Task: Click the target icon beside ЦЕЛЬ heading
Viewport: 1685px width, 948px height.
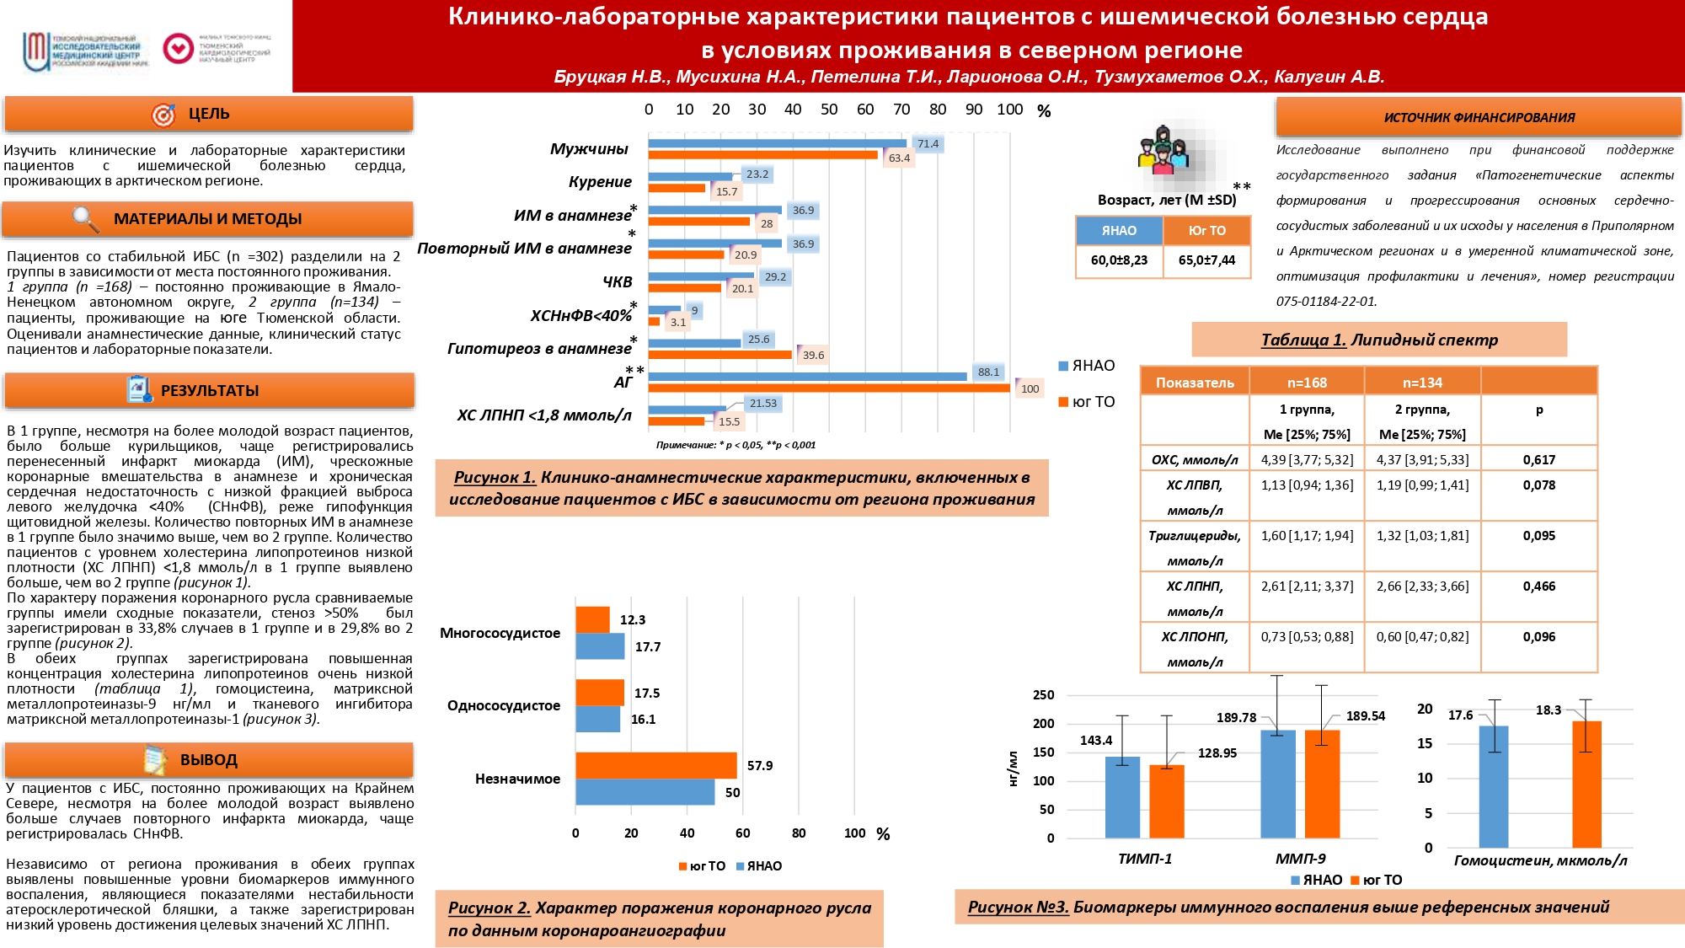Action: [163, 115]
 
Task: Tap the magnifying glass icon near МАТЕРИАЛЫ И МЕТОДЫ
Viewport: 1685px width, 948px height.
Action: [85, 219]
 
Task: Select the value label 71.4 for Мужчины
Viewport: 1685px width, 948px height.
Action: [928, 144]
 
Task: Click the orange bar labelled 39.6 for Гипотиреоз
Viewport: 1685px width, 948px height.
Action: [720, 355]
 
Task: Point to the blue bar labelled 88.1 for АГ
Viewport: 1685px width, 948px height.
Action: [807, 376]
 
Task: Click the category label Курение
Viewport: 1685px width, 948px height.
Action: [600, 182]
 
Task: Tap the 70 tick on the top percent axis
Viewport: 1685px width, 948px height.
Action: [901, 110]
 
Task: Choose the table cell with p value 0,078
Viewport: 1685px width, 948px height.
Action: [1538, 485]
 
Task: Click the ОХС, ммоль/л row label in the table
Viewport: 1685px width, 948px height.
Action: [1195, 460]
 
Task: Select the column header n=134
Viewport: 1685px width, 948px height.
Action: [1422, 383]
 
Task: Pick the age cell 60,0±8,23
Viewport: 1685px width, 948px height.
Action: [1119, 260]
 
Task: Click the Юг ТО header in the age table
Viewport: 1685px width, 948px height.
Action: [1206, 231]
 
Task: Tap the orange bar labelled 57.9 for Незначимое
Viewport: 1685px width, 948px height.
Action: [655, 765]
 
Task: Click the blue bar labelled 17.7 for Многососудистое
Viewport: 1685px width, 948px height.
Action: [600, 646]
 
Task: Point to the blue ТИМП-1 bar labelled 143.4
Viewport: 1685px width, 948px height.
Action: [1122, 796]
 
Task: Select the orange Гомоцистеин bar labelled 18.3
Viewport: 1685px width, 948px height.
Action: [1586, 784]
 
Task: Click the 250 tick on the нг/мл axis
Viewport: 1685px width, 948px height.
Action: [1043, 695]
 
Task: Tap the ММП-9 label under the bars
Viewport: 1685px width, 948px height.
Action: [1300, 859]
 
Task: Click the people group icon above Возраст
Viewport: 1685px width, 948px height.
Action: [1163, 152]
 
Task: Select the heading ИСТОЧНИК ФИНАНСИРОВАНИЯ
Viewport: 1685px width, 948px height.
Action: [1479, 118]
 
